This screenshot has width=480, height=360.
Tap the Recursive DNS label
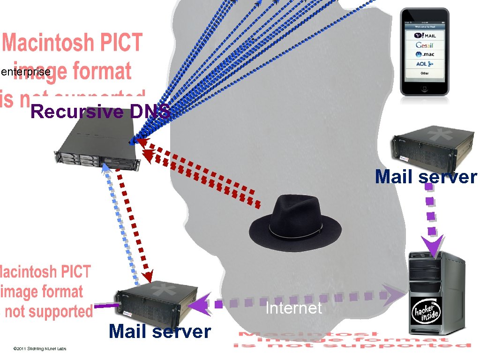click(x=100, y=112)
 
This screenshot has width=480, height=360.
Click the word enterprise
click(x=26, y=72)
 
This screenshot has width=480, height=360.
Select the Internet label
click(x=293, y=308)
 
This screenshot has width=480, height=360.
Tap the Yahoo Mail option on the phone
click(x=425, y=36)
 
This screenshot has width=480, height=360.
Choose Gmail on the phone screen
click(x=425, y=45)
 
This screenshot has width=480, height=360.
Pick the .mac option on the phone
click(x=425, y=54)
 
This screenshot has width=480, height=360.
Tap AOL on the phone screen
click(x=425, y=64)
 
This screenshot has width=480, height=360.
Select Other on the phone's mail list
click(x=425, y=73)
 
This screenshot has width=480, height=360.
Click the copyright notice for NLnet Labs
click(x=40, y=349)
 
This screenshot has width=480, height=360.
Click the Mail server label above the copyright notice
click(x=159, y=331)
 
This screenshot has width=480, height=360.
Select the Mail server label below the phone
click(x=426, y=177)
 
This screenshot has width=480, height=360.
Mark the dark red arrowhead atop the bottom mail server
click(x=148, y=276)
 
